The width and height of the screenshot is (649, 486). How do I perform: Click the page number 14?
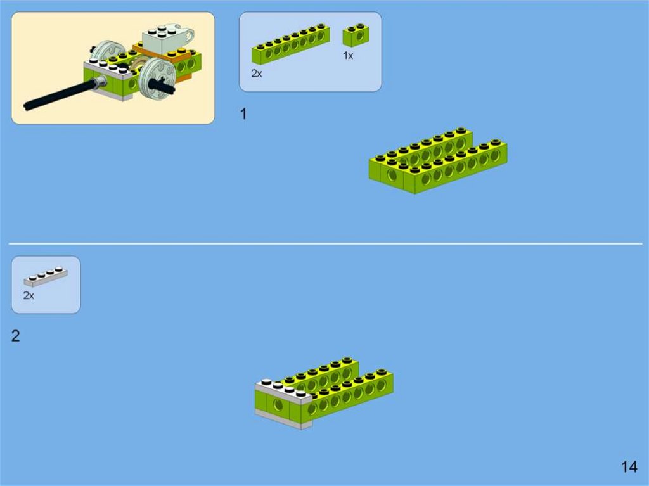(x=629, y=467)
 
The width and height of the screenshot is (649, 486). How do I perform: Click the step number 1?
(x=244, y=114)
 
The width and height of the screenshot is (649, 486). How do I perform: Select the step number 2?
(x=15, y=336)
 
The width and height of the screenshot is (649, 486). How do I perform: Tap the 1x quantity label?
(x=348, y=56)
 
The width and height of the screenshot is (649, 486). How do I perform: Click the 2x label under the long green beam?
(x=257, y=74)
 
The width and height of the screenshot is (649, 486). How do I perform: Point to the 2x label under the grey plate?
(x=29, y=295)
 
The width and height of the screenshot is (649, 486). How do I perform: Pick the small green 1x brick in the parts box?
(x=354, y=35)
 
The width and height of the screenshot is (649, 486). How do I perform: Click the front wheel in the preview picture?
(x=157, y=78)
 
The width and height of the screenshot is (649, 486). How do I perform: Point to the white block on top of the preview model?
(x=165, y=39)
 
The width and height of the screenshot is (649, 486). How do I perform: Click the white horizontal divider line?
(x=325, y=244)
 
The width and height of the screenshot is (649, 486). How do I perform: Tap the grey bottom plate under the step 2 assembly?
(x=283, y=419)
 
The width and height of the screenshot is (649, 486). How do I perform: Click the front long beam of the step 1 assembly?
(x=455, y=168)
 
